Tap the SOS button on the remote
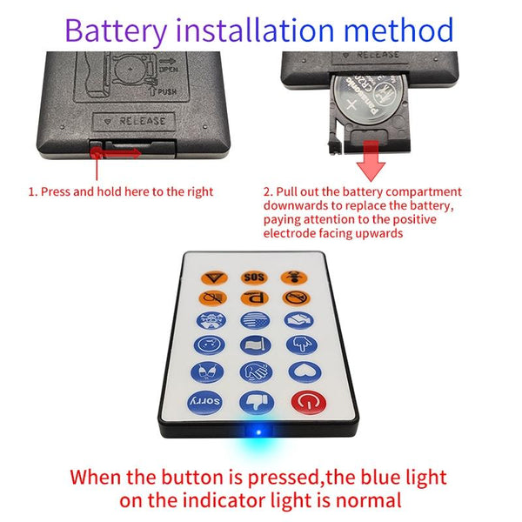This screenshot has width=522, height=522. pyautogui.click(x=254, y=277)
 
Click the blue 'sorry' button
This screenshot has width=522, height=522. pyautogui.click(x=205, y=401)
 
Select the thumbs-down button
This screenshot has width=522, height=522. pyautogui.click(x=257, y=403)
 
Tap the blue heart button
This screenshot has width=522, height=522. pyautogui.click(x=304, y=371)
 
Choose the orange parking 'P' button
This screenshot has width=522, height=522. pyautogui.click(x=255, y=298)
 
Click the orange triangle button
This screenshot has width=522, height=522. pyautogui.click(x=214, y=278)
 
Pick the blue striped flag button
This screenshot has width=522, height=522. pyautogui.click(x=255, y=320)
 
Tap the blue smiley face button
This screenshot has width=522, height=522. pyautogui.click(x=210, y=345)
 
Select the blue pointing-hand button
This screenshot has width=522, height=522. pyautogui.click(x=302, y=345)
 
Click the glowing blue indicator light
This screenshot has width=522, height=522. pyautogui.click(x=258, y=432)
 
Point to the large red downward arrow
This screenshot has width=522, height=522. pyautogui.click(x=371, y=161)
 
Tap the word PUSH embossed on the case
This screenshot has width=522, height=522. pyautogui.click(x=167, y=91)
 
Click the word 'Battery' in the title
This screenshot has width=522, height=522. pyautogui.click(x=116, y=30)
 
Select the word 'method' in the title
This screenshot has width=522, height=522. pyautogui.click(x=398, y=30)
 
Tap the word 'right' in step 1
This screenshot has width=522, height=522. pyautogui.click(x=199, y=192)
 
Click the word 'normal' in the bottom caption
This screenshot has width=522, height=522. pyautogui.click(x=368, y=500)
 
